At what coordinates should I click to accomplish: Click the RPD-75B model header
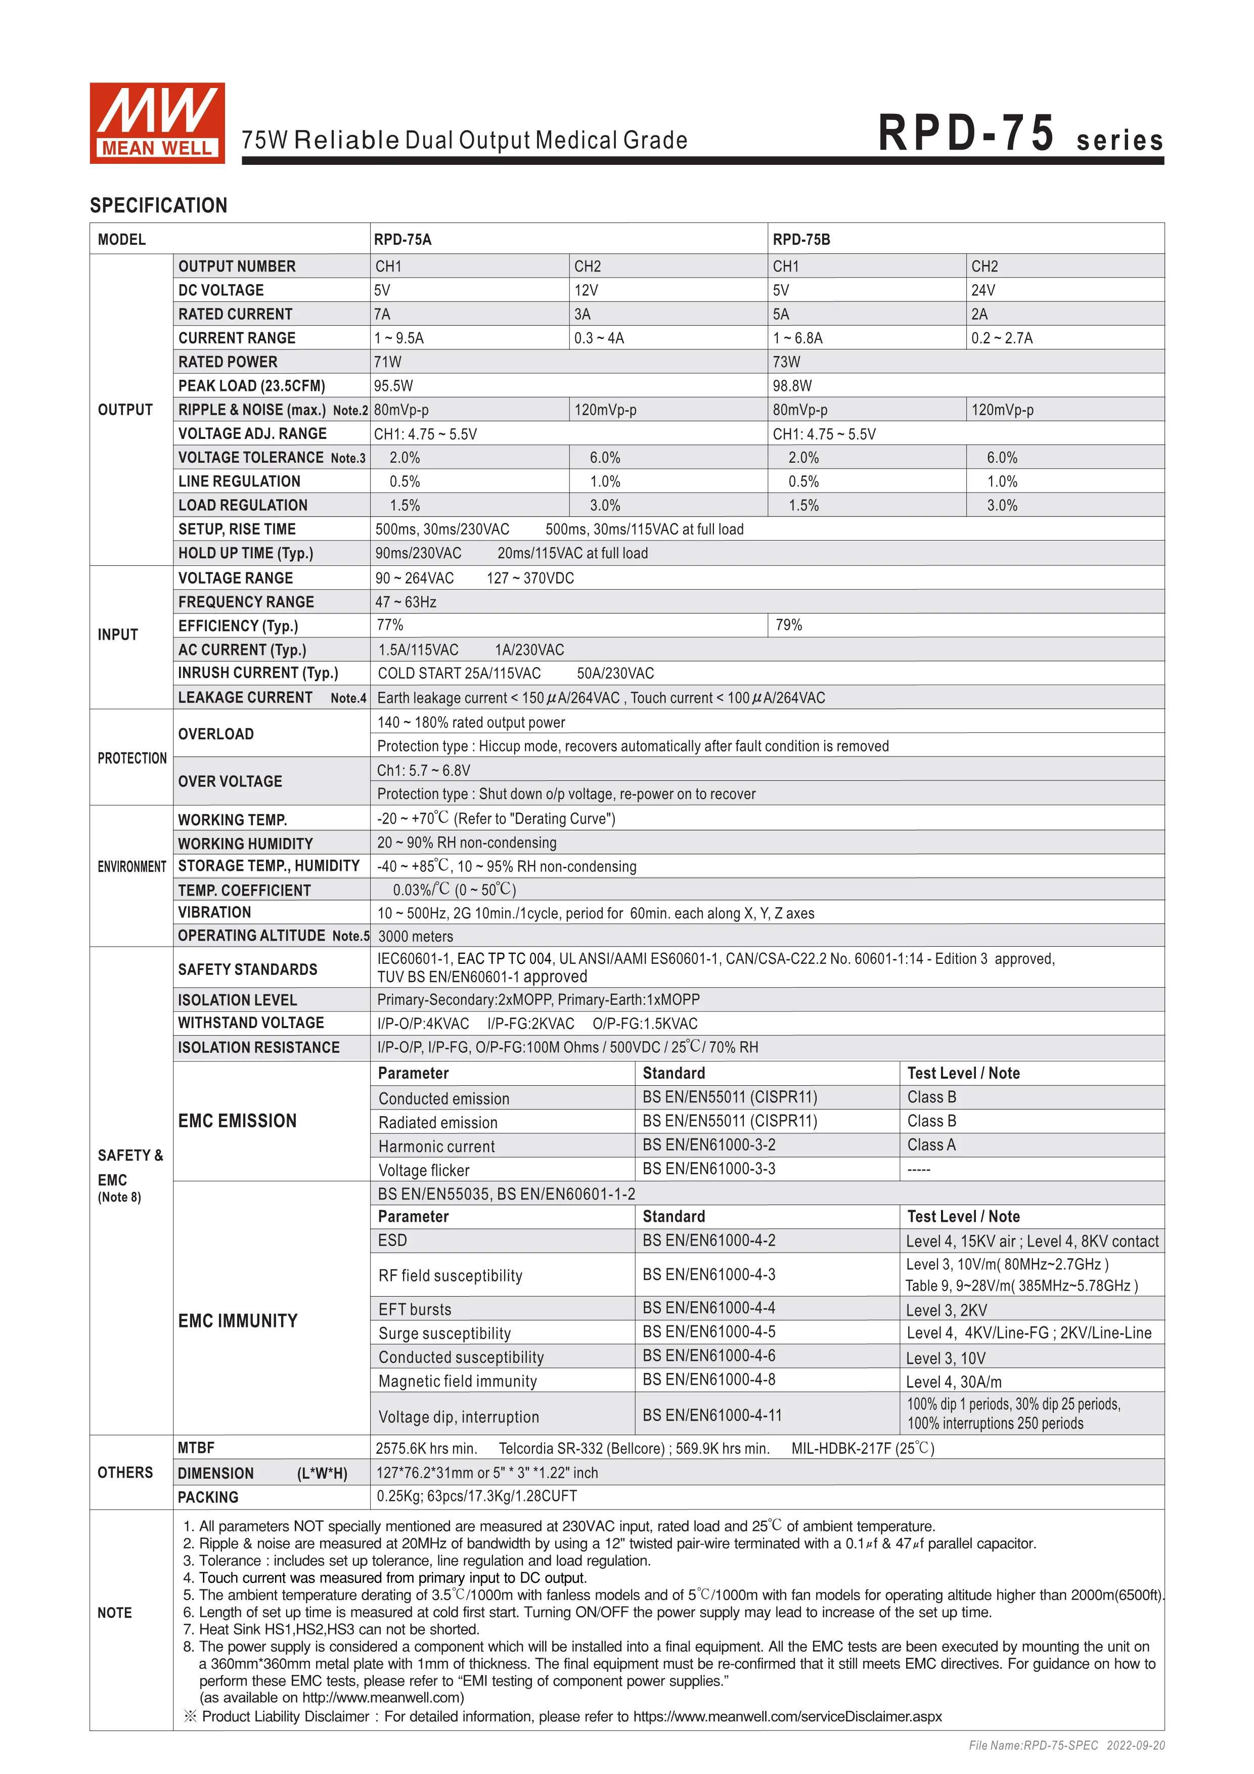pos(801,240)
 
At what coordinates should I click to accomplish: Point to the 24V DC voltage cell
pos(983,290)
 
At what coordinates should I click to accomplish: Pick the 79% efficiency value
pos(788,625)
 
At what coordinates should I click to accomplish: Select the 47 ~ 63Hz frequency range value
pos(406,602)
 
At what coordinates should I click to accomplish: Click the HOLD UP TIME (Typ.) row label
pos(246,553)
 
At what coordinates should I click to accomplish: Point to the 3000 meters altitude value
pos(415,937)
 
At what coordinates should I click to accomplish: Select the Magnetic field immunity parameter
pos(458,1382)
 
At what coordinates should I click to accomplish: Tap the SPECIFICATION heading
pos(158,205)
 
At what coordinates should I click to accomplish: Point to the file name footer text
pos(1066,1745)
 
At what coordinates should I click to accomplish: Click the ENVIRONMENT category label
pos(131,867)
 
